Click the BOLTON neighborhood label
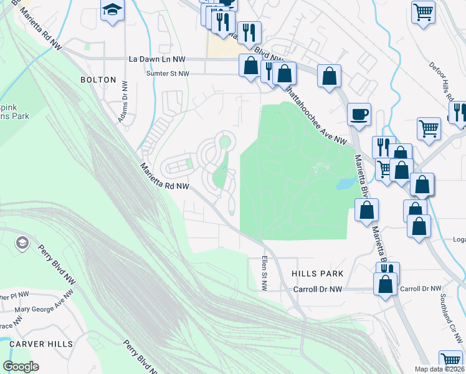[x=98, y=80]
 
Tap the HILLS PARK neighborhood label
[x=317, y=274]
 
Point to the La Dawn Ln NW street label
[x=157, y=59]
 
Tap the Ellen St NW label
[x=264, y=273]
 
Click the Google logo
[x=21, y=367]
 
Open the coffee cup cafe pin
[x=359, y=115]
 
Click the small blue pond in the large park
[x=343, y=184]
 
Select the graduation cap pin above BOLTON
[x=112, y=10]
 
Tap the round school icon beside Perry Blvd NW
[x=22, y=242]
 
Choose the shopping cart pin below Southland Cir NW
[x=450, y=360]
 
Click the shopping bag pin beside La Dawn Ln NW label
[x=250, y=65]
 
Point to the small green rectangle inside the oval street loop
[x=188, y=165]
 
